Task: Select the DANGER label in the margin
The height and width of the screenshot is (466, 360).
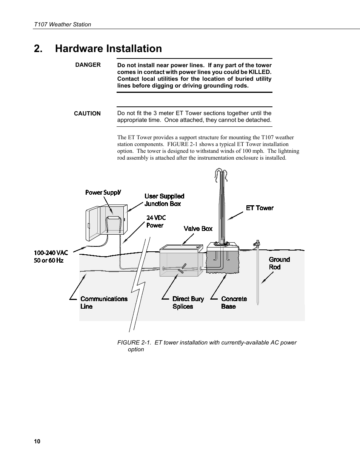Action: [88, 65]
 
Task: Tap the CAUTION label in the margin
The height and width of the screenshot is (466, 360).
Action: [87, 114]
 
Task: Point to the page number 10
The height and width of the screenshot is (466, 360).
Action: [37, 441]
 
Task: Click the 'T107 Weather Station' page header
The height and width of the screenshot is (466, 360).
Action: [62, 25]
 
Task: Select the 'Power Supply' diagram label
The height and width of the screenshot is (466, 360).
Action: [103, 192]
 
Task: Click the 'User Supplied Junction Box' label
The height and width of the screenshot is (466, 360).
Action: [164, 200]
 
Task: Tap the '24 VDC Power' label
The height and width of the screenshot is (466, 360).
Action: [155, 221]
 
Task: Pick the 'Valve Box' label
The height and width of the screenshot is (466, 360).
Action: [198, 229]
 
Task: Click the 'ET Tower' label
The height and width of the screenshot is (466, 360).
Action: [260, 208]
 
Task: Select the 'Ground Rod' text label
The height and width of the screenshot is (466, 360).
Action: [279, 263]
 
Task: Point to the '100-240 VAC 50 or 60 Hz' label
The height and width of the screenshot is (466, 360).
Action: [51, 257]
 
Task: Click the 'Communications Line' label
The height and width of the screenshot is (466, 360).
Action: [104, 303]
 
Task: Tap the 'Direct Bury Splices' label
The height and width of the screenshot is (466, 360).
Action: [188, 303]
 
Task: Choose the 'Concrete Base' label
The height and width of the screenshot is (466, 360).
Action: [234, 303]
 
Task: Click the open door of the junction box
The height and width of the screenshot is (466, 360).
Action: [93, 225]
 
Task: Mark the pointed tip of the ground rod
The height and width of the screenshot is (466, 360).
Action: [258, 303]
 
